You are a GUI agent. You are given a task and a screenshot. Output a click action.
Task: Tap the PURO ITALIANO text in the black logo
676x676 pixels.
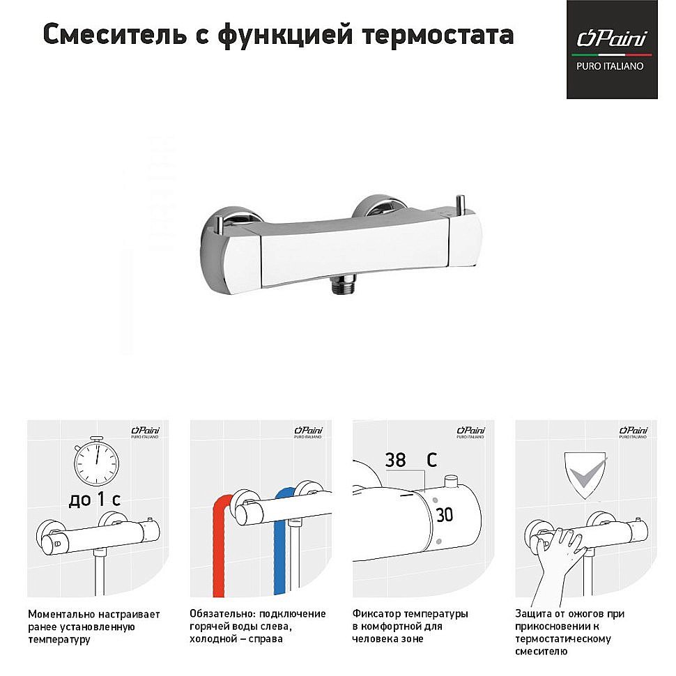(x=611, y=66)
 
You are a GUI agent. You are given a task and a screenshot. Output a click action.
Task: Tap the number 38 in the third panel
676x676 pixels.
(x=395, y=461)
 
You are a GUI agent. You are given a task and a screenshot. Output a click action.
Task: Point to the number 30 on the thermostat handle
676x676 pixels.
(x=444, y=515)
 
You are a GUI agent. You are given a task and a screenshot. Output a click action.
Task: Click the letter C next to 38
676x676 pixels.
(x=432, y=461)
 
